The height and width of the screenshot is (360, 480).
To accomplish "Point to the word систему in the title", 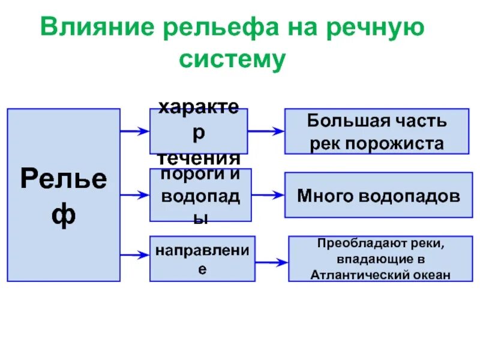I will coord(231,61).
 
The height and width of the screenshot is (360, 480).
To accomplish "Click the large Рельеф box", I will coord(63,195).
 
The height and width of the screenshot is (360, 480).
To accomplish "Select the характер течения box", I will coord(198,131).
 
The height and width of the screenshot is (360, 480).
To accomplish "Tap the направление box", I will coord(202,259).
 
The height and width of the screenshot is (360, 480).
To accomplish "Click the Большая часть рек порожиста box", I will coord(376,131).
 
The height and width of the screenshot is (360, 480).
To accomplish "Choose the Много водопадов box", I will coord(379,195).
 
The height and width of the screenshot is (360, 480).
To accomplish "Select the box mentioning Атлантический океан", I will coord(380,259).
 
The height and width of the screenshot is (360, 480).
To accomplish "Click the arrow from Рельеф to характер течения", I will coord(134,131).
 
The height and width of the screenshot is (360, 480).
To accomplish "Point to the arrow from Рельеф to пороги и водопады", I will coord(134,194).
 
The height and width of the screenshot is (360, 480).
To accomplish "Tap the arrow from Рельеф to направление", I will coord(134,256).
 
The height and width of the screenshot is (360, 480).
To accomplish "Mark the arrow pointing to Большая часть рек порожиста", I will coord(265,130).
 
